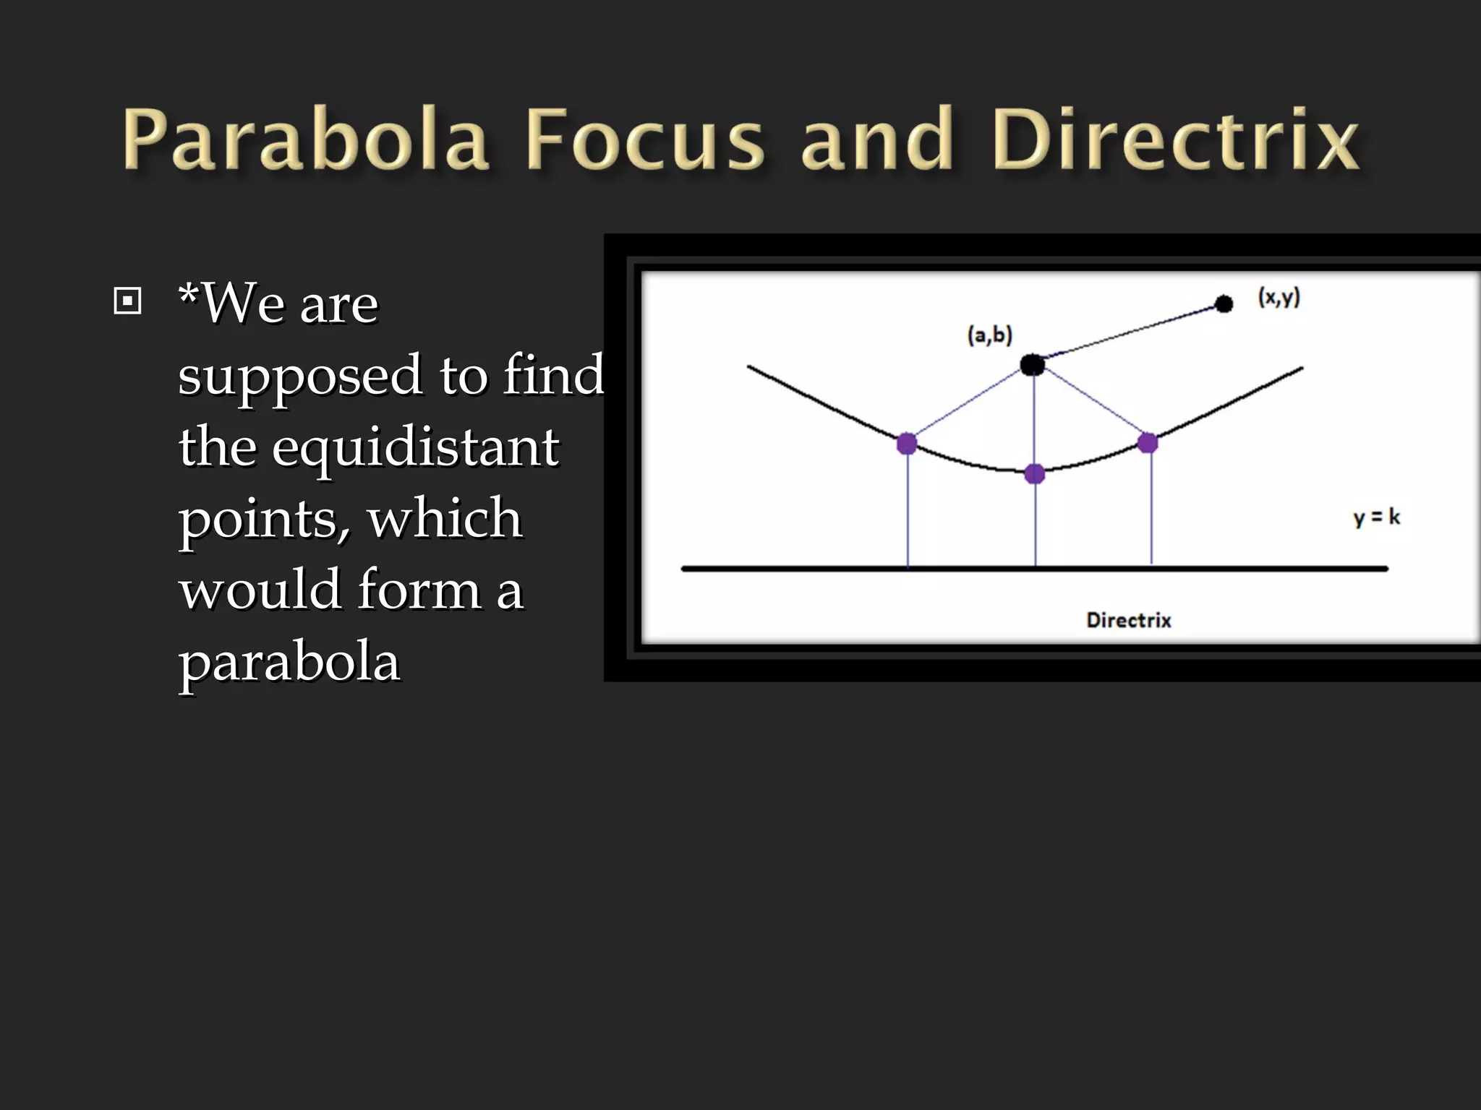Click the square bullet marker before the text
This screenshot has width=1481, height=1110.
(127, 301)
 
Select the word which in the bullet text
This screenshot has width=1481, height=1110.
(445, 518)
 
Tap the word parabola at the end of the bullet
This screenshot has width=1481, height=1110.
(289, 662)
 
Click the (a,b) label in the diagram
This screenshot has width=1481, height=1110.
(990, 335)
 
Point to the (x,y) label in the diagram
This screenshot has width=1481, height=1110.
(1279, 297)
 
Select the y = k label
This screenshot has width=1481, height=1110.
(1376, 517)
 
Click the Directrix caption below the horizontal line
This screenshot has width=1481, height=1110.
(1129, 620)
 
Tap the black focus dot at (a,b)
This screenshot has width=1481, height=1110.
(1033, 365)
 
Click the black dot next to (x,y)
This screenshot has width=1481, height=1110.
(1224, 304)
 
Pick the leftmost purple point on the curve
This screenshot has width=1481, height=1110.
(907, 443)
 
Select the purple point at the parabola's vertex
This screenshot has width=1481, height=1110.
(1035, 474)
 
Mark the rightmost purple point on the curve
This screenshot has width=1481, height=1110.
(1148, 442)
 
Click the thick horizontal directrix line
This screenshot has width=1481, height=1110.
(795, 569)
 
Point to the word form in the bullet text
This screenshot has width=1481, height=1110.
(419, 590)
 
